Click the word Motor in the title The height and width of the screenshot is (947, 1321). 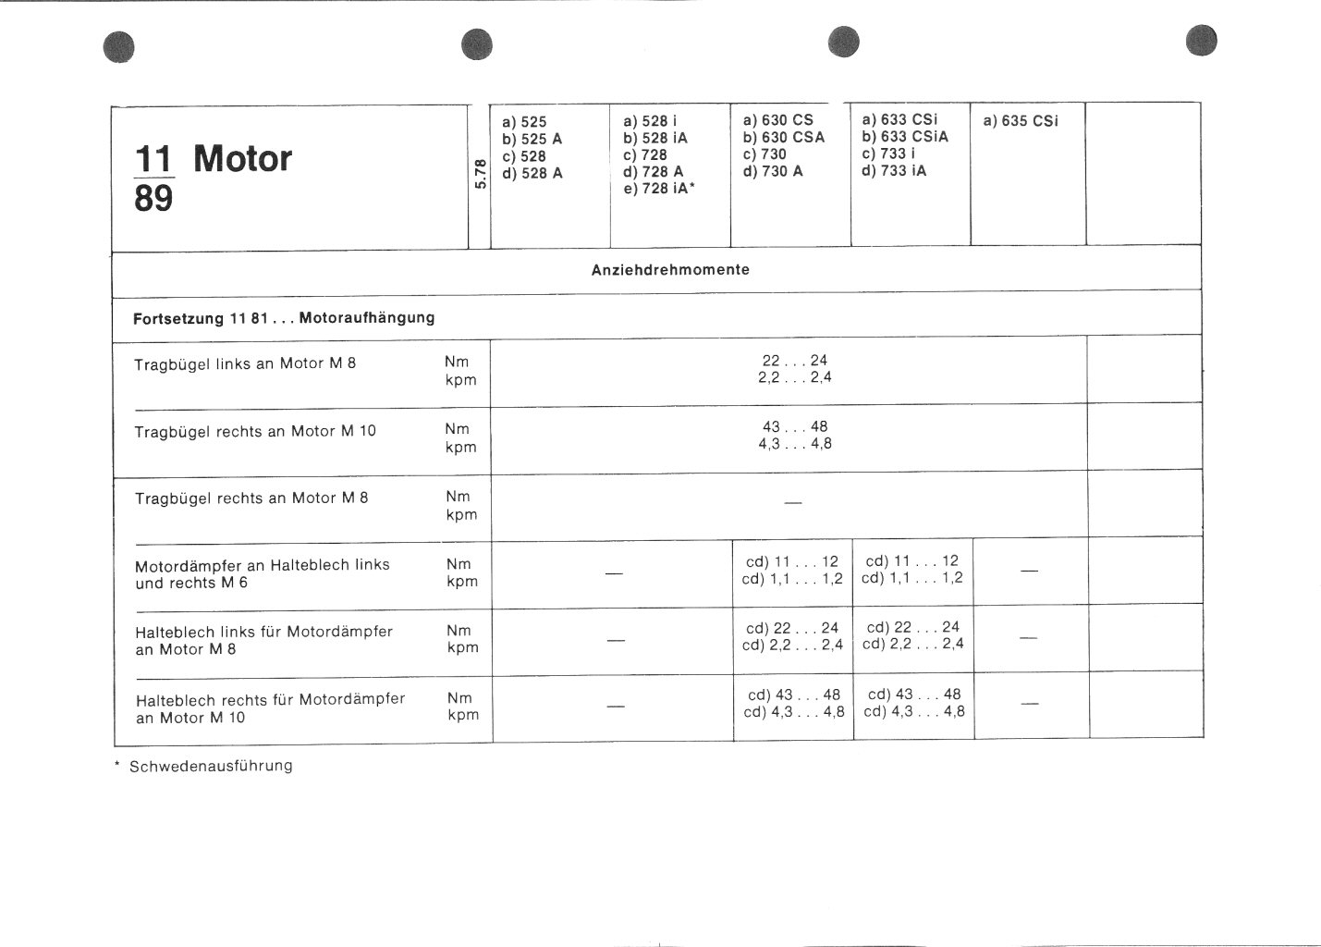242,159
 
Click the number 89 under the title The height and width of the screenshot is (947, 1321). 153,199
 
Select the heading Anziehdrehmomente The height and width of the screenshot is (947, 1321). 670,270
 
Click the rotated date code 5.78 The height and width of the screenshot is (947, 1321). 479,174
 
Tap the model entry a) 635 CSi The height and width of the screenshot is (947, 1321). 1021,121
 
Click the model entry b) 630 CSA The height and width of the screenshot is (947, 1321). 784,137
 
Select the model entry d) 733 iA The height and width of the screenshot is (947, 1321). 894,171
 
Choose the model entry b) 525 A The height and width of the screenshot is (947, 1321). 532,139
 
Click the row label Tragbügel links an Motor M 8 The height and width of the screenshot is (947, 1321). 245,363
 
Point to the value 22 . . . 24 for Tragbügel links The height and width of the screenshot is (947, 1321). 795,361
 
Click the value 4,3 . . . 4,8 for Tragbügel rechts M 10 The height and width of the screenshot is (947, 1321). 795,444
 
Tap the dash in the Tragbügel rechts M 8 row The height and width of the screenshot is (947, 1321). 792,503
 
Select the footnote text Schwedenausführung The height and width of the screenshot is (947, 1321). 212,766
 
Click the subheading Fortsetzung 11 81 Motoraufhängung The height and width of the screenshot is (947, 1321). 285,318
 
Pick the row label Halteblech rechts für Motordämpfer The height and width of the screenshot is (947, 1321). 270,699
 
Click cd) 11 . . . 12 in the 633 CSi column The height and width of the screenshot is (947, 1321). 912,560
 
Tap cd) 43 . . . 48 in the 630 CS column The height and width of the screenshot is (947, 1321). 793,695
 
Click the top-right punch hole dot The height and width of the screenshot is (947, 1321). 1202,42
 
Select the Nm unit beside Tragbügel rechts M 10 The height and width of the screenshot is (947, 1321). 457,429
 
